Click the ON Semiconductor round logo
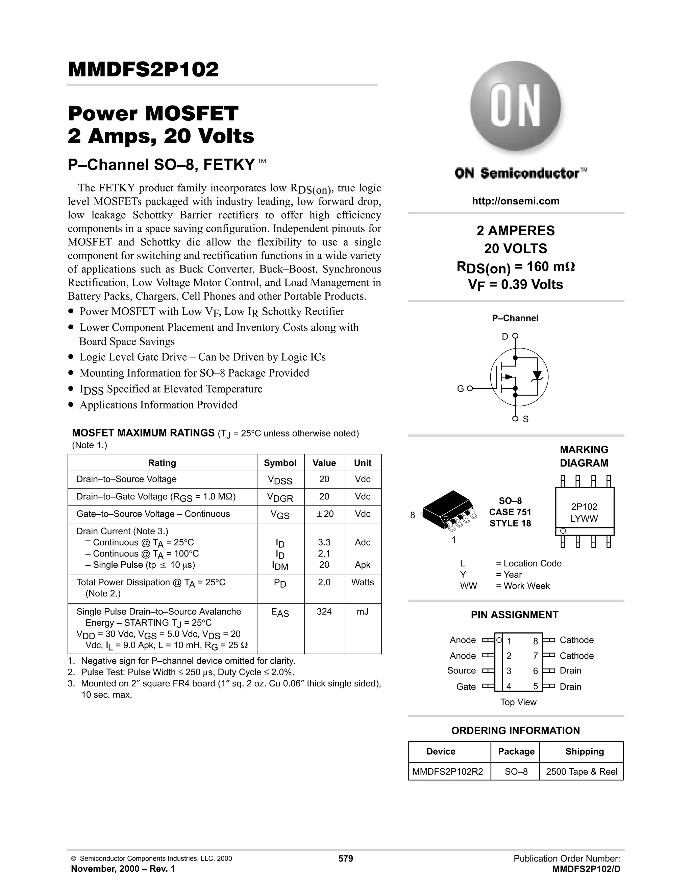(x=515, y=108)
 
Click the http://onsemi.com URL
(x=515, y=201)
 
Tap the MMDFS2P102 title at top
(x=144, y=69)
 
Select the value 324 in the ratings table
(x=324, y=612)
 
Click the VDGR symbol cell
(x=280, y=497)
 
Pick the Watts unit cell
(x=363, y=582)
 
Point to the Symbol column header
(x=280, y=463)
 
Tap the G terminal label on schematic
(x=461, y=388)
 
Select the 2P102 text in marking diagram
(x=584, y=507)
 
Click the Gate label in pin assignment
(x=466, y=687)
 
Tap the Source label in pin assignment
(x=462, y=671)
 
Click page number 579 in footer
(x=346, y=859)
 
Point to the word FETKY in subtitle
(x=229, y=165)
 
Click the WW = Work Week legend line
(x=505, y=586)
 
